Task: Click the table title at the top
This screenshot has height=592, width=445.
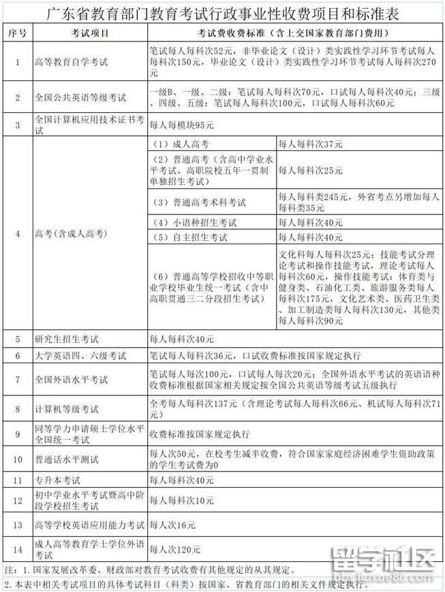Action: click(x=222, y=14)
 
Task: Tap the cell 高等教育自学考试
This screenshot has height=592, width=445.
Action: click(x=71, y=62)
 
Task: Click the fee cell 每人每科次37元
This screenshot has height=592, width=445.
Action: click(x=311, y=144)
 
